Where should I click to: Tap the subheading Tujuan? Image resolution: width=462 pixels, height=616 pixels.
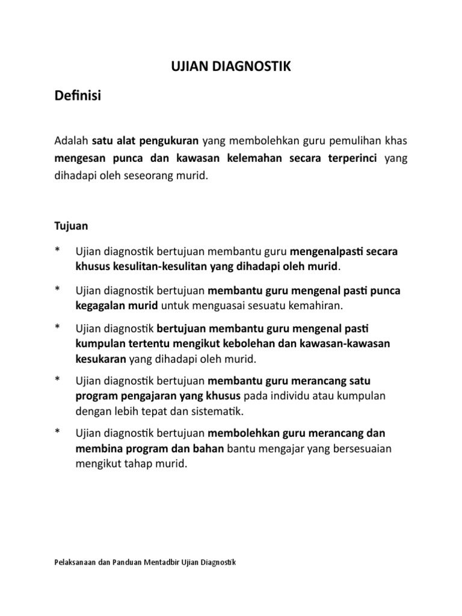(x=71, y=226)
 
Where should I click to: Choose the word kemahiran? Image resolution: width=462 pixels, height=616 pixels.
(x=313, y=306)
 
